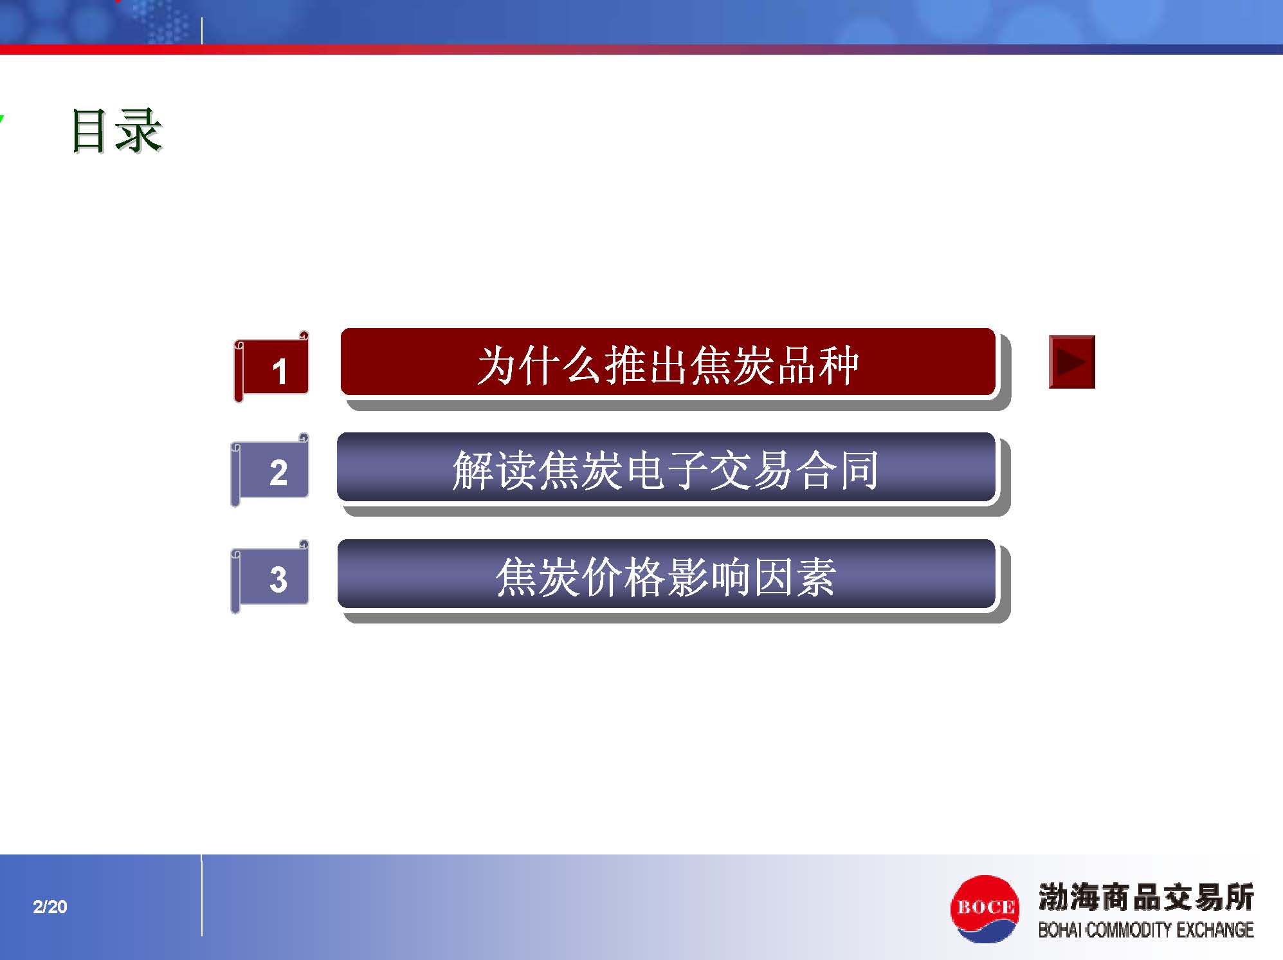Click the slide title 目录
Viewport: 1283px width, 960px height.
pos(116,131)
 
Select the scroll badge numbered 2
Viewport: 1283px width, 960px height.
pos(270,470)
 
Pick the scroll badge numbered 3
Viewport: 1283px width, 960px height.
pos(270,577)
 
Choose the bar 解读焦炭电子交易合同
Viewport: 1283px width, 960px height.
pos(666,468)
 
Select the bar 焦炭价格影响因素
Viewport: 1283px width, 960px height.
pos(666,574)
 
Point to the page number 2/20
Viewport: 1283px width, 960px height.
pos(50,907)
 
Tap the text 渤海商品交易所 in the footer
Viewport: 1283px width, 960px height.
pos(1146,897)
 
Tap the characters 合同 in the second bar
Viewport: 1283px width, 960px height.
pos(837,470)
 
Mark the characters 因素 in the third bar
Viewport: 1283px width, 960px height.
pos(794,577)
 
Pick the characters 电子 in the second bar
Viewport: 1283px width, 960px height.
pos(666,470)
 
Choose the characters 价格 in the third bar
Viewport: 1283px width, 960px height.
pos(623,577)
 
